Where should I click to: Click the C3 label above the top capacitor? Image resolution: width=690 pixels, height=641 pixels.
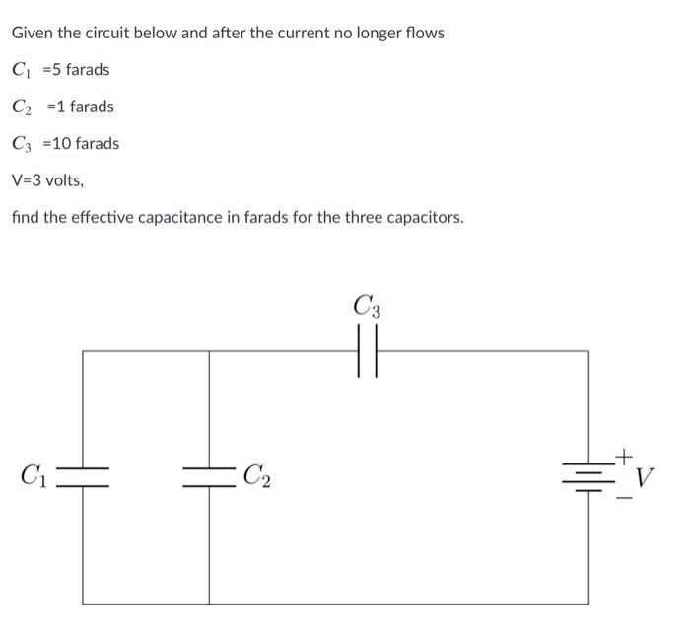[367, 306]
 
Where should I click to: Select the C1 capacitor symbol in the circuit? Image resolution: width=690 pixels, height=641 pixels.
[82, 478]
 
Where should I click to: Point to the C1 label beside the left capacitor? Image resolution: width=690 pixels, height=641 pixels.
[33, 478]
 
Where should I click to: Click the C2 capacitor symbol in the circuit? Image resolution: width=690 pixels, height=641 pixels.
[209, 478]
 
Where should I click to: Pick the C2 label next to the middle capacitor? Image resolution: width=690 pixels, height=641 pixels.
[257, 478]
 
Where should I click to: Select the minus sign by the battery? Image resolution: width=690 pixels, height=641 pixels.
[623, 496]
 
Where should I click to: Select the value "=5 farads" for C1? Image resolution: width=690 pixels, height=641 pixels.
[75, 70]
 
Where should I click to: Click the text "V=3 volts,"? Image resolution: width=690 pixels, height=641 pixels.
[47, 180]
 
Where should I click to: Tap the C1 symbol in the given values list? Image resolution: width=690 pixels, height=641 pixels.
[22, 71]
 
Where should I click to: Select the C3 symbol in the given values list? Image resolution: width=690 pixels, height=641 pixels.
[22, 145]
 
